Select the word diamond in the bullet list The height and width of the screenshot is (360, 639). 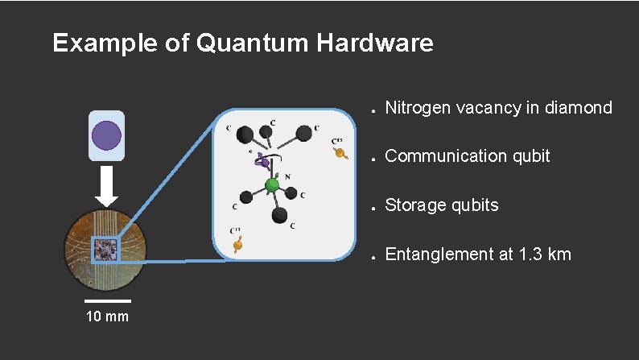[x=578, y=108]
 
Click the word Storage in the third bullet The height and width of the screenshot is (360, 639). [x=417, y=205]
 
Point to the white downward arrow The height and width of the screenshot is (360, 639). [x=106, y=188]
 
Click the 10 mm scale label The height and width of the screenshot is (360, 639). [x=107, y=317]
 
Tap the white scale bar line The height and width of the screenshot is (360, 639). [x=107, y=301]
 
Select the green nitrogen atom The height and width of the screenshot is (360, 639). [x=272, y=186]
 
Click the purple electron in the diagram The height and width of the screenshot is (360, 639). [x=262, y=162]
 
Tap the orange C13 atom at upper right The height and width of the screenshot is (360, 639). [x=340, y=153]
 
